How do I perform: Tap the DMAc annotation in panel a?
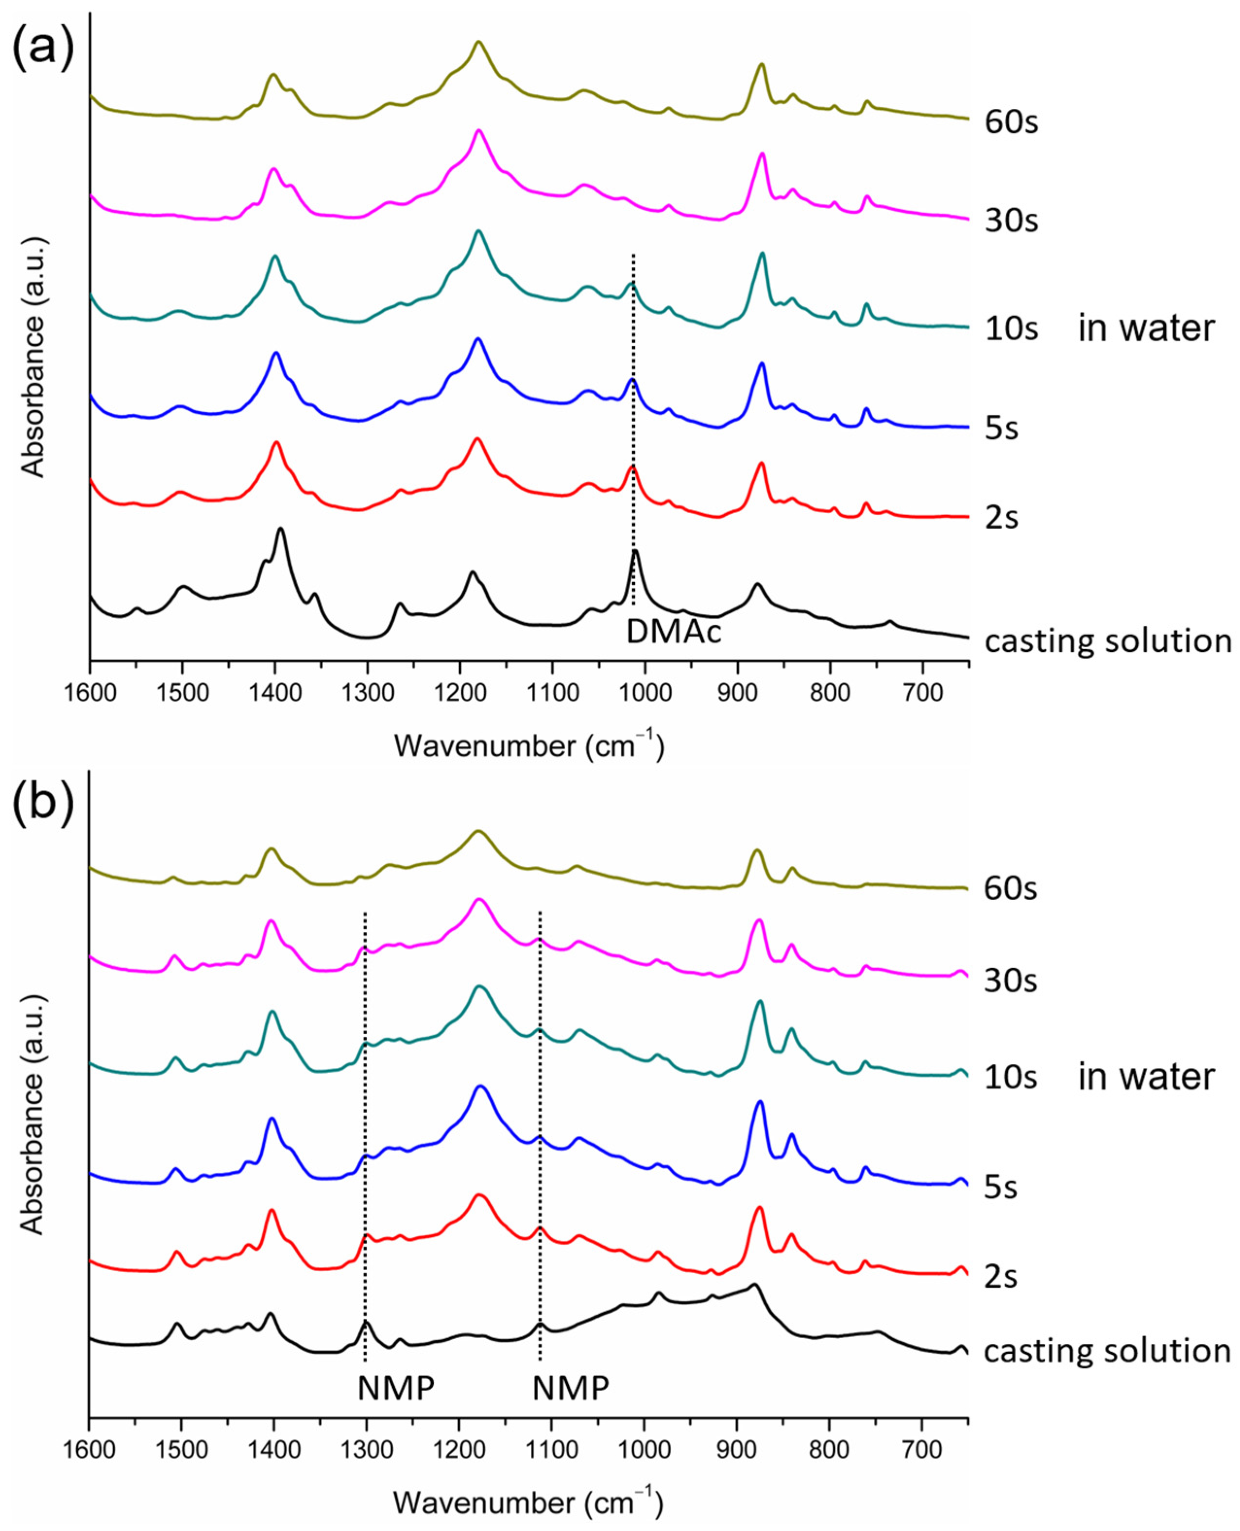[674, 631]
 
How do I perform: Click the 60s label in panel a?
[1011, 123]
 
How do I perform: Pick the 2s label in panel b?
[1001, 1276]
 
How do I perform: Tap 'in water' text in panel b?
[1146, 1076]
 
